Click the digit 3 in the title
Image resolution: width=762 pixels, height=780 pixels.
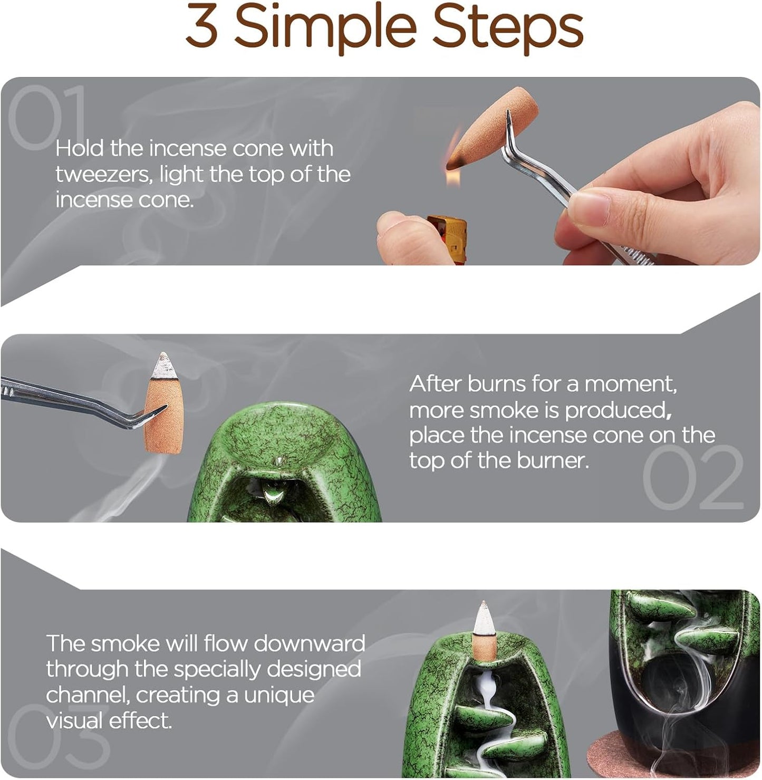pos(201,25)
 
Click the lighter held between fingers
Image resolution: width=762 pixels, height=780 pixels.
pos(447,238)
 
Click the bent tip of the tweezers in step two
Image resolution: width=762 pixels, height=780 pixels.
pos(155,413)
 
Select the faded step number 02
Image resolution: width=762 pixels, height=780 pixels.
pos(692,477)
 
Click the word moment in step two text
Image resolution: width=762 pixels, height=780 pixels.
pos(630,384)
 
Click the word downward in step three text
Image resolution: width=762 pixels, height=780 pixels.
pos(309,644)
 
